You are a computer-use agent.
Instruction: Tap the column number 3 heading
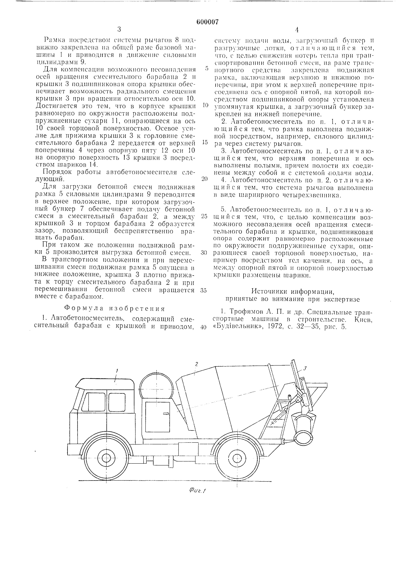point(119,30)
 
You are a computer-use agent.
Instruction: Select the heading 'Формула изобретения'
point(115,309)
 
